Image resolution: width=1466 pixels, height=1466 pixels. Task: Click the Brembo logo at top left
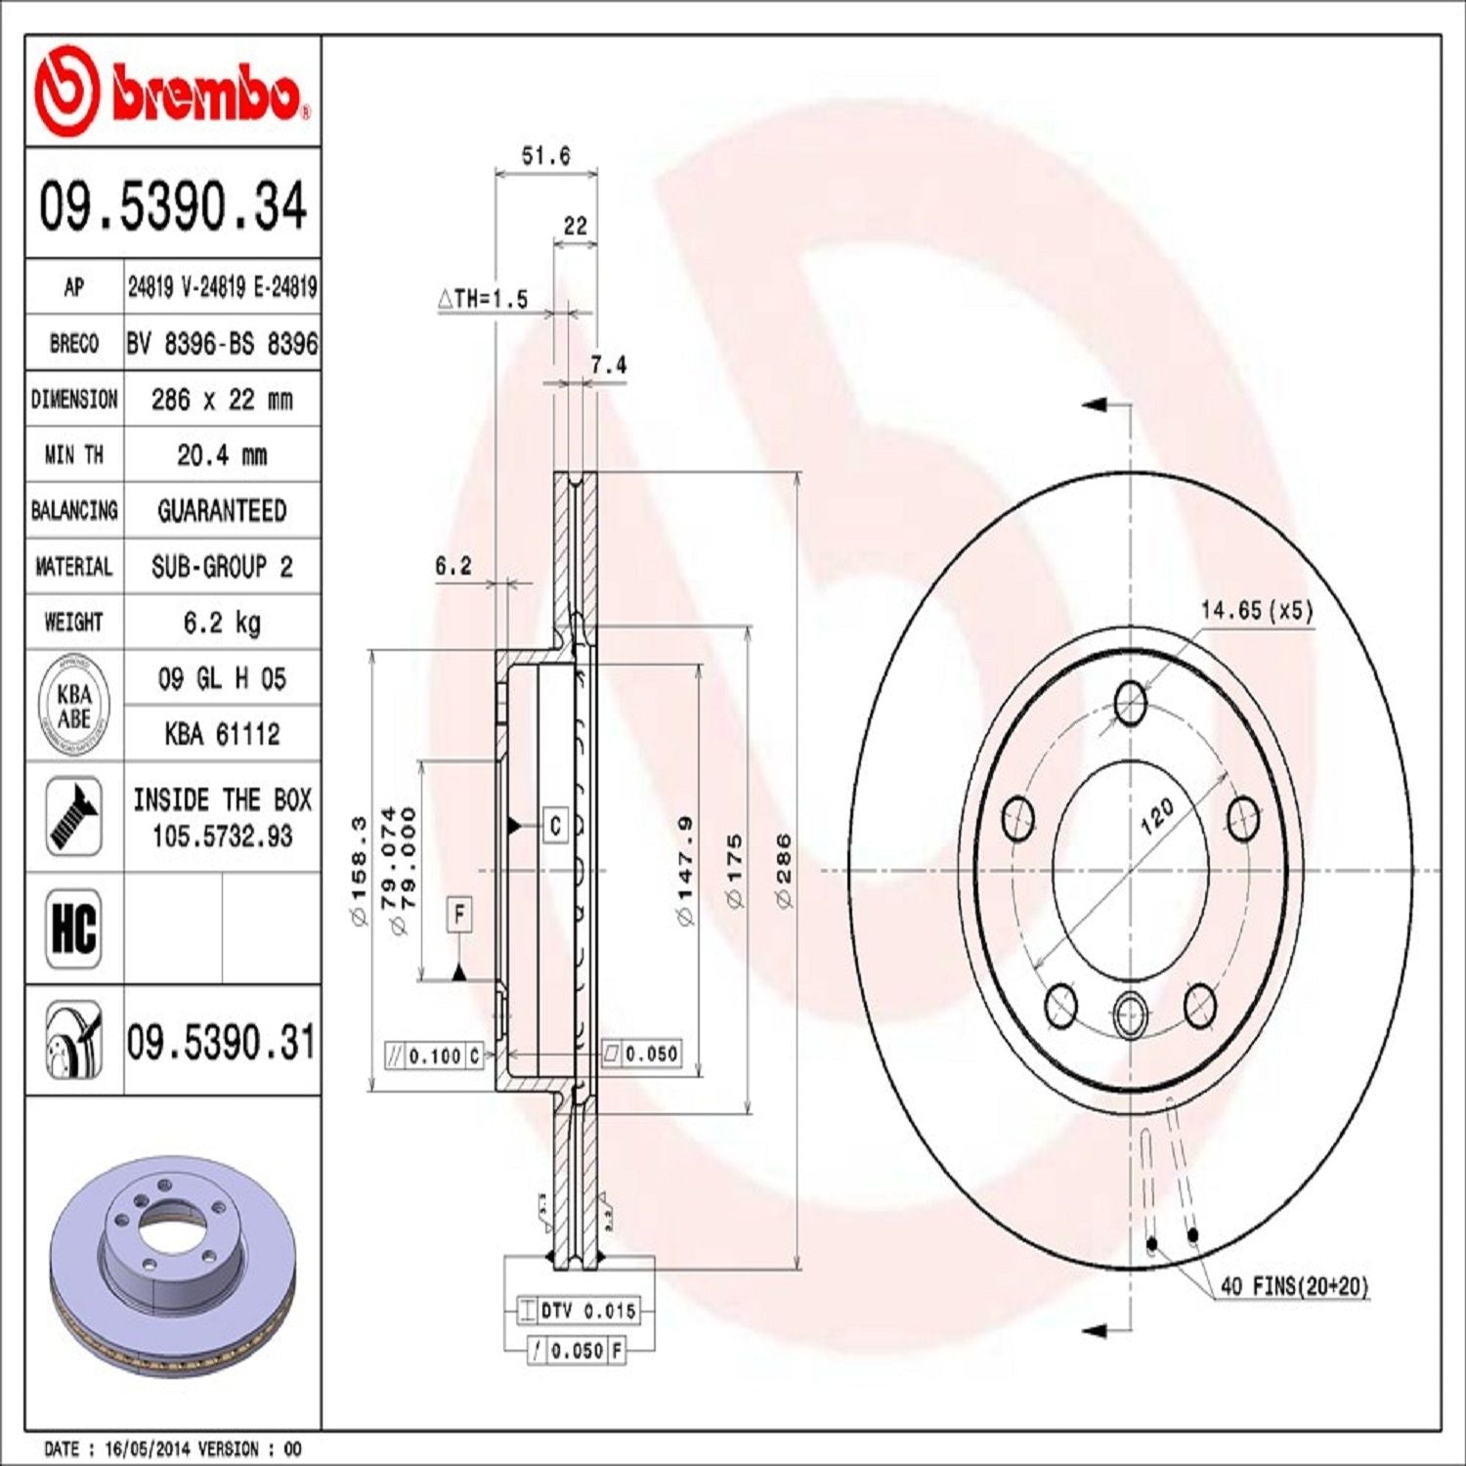[172, 92]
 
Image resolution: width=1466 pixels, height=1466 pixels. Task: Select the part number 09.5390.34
[173, 206]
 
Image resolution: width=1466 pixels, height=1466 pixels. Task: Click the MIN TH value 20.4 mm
[222, 454]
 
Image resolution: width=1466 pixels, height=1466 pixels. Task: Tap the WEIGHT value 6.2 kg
[222, 623]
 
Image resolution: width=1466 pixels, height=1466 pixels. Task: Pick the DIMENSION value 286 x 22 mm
[222, 399]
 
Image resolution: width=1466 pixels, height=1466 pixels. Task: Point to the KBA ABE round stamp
[74, 706]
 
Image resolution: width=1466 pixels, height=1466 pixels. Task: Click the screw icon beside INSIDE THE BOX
[74, 817]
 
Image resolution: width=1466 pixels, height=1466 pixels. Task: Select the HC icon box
[74, 928]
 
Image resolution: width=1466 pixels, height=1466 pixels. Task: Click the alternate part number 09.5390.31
[221, 1042]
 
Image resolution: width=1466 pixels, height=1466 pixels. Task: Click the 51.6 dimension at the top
[545, 155]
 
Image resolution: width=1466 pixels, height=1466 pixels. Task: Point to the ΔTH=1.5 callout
[484, 299]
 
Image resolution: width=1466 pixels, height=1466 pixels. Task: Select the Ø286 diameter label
[784, 870]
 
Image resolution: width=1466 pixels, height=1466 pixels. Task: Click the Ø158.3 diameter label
[359, 870]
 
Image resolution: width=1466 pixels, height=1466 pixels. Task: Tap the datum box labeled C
[555, 826]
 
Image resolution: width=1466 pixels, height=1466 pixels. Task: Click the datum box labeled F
[459, 915]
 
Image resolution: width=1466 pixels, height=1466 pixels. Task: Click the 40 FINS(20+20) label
[1294, 1286]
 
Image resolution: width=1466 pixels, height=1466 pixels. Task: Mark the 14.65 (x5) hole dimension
[1257, 610]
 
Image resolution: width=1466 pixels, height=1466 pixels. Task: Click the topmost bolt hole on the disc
[1131, 702]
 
